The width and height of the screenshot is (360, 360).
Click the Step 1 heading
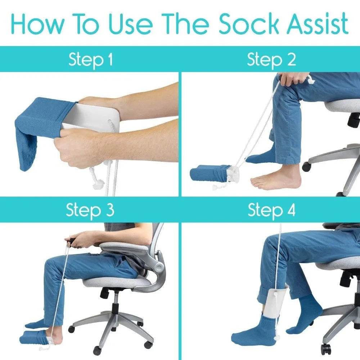[90, 60]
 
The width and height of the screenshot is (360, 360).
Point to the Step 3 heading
[90, 210]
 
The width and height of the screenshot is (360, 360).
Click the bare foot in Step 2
[275, 179]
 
